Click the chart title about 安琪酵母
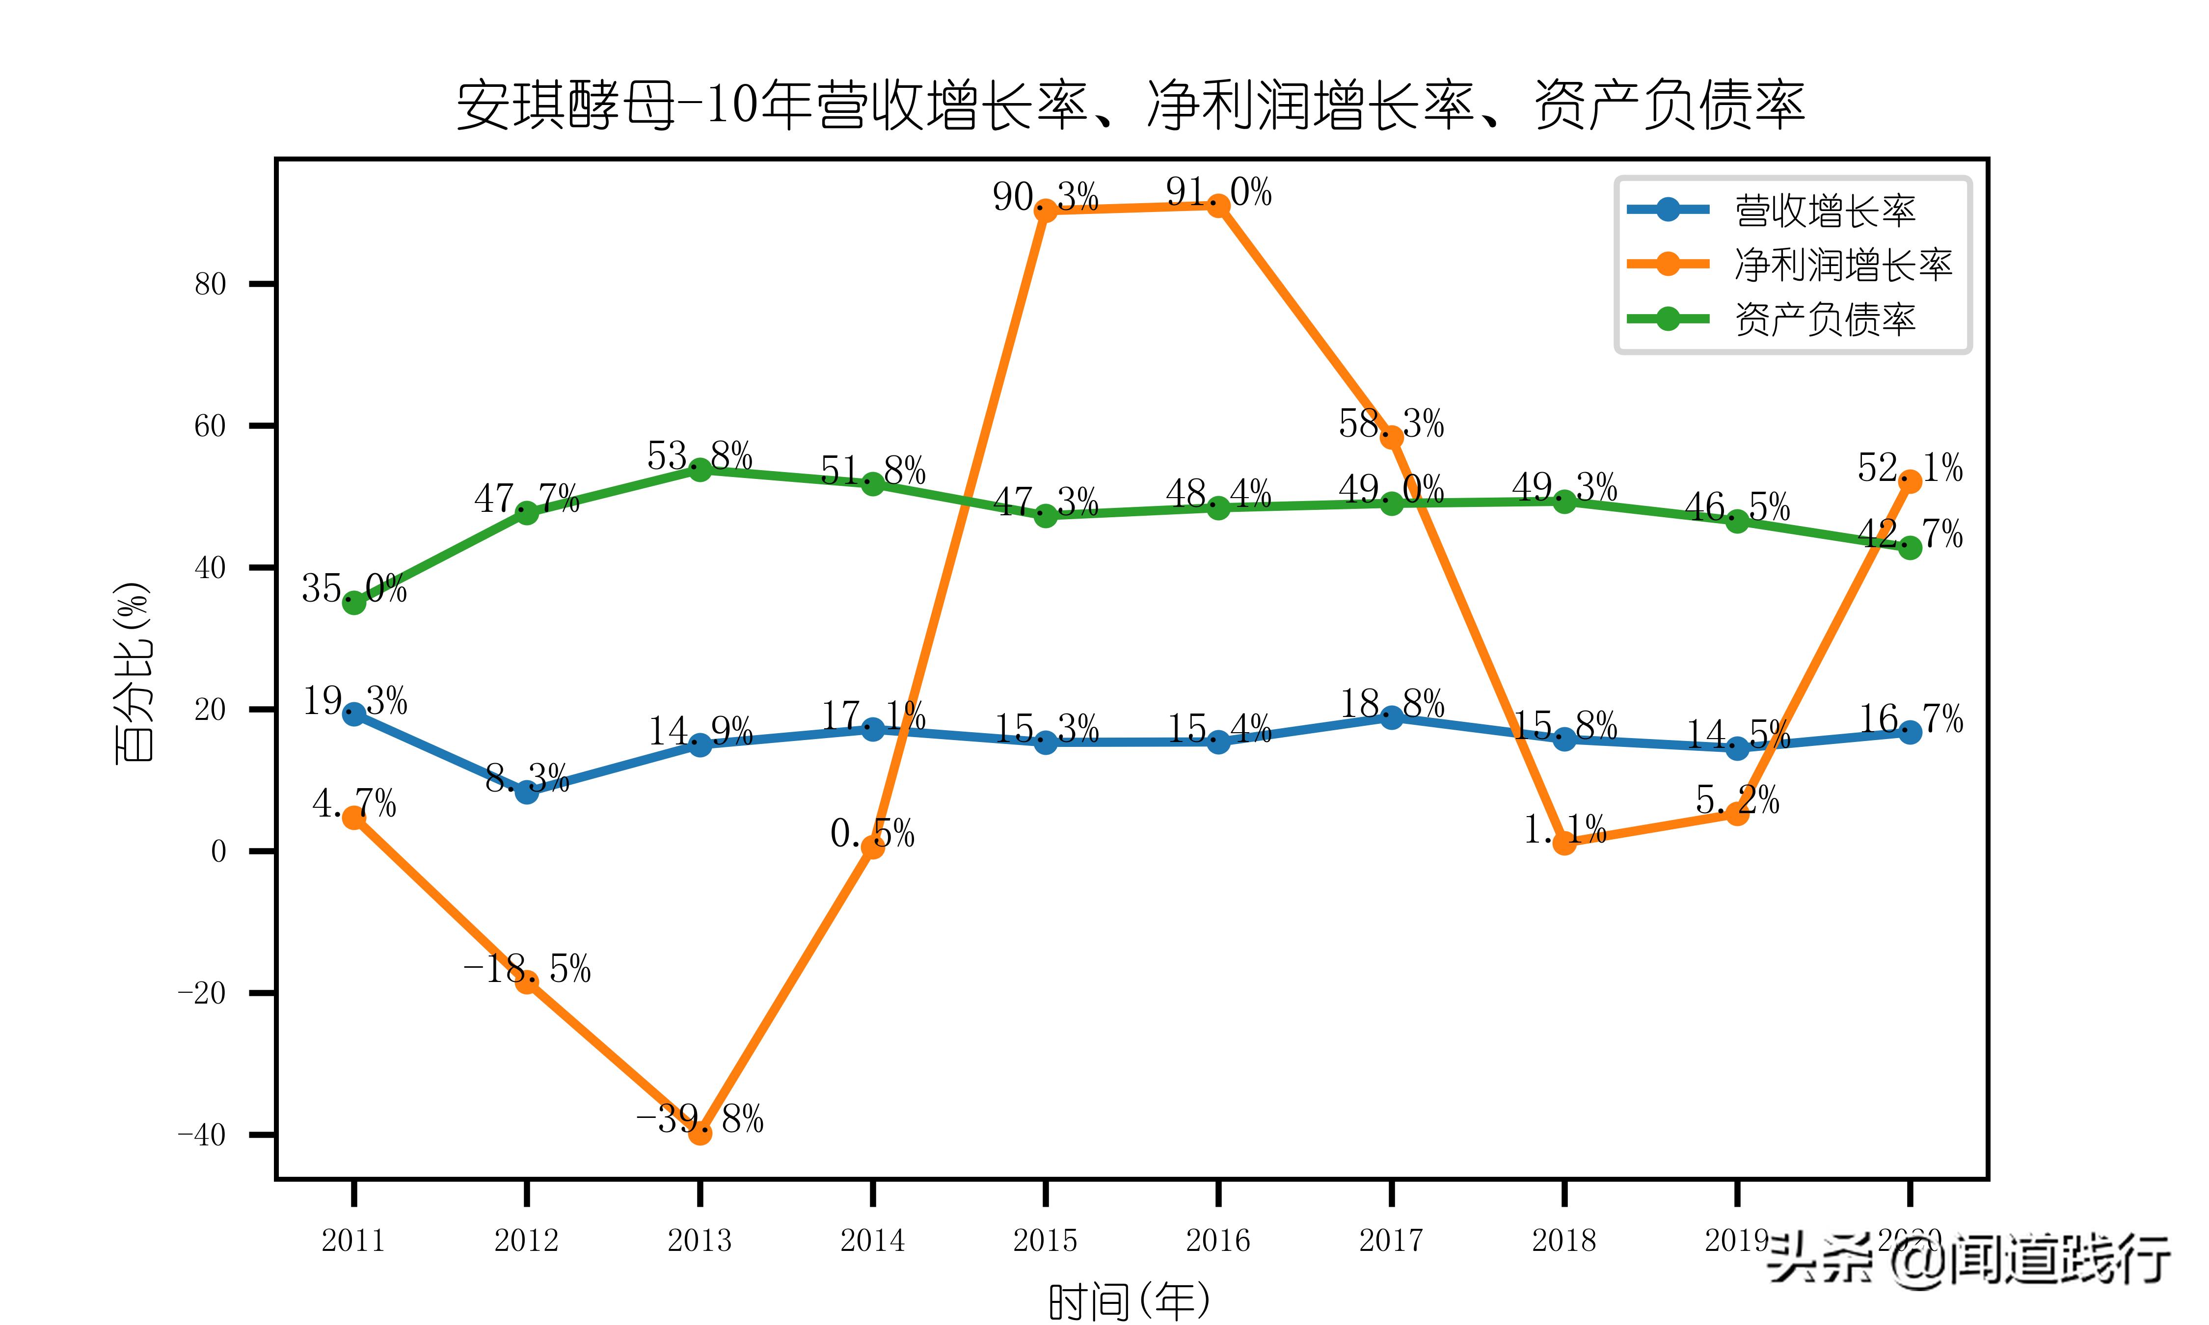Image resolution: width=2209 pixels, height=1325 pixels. pos(1131,106)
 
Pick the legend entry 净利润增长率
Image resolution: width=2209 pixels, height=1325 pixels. pos(1843,265)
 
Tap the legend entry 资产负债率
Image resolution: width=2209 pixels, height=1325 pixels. pos(1825,319)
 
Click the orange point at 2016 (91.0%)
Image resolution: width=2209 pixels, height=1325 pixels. pos(1218,205)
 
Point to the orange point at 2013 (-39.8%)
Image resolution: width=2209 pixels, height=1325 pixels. pos(700,1133)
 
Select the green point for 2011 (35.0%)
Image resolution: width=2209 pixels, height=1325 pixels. pos(353,603)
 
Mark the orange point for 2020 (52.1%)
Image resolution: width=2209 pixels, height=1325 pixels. pos(1910,481)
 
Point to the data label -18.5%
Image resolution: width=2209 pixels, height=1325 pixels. pos(527,969)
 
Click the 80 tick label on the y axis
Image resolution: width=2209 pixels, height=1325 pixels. pos(211,285)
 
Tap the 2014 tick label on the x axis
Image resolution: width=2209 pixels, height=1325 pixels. pos(872,1240)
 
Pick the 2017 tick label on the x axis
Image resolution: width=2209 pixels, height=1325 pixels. pos(1390,1240)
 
